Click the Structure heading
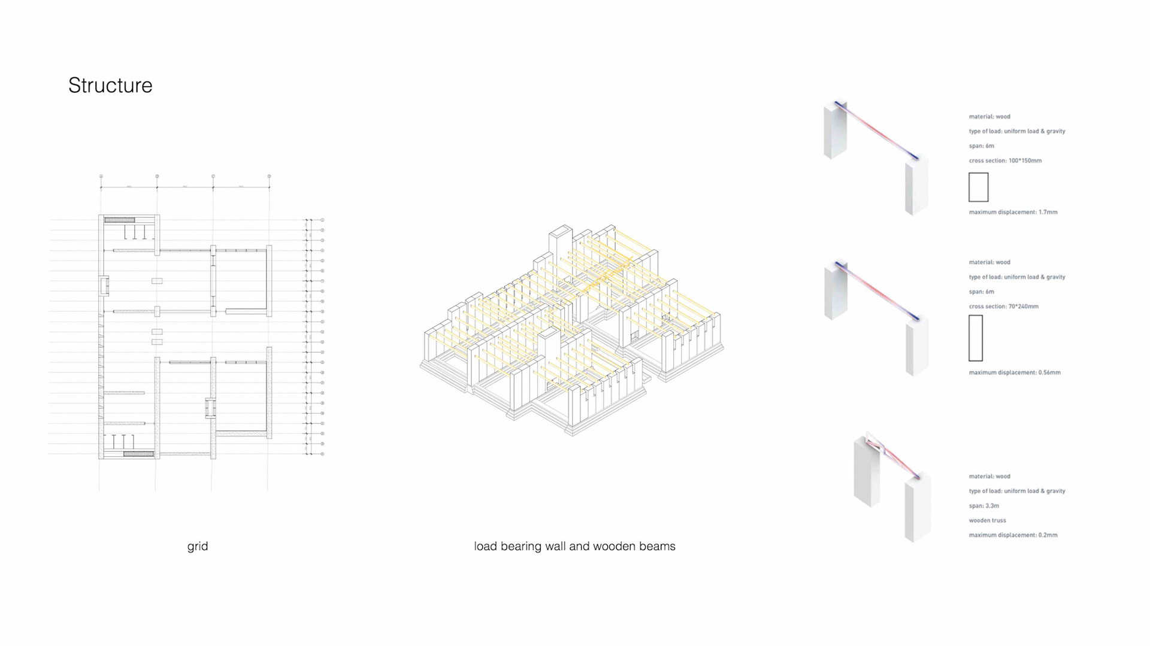(110, 86)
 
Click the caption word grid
(198, 546)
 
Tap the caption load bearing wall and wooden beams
(574, 546)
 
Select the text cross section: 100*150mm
(1005, 160)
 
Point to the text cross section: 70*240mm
(1003, 307)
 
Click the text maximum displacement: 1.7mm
(1013, 212)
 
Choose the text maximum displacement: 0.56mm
(1015, 372)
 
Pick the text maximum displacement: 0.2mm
(1013, 535)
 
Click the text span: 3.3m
(983, 506)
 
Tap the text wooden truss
(987, 520)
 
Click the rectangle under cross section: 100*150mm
(978, 187)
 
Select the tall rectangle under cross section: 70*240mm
(976, 338)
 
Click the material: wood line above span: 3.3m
(989, 477)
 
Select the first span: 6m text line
(981, 146)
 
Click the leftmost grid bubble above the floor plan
(101, 177)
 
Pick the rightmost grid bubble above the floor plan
(269, 177)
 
